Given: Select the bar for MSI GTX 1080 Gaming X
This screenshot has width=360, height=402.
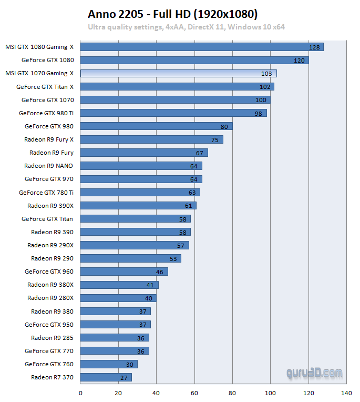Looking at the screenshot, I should click(202, 47).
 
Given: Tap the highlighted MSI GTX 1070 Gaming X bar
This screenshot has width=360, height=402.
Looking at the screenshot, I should click(178, 73).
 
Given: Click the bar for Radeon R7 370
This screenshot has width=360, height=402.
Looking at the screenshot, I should click(106, 377).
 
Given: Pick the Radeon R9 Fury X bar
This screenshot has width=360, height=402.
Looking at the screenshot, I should click(151, 139).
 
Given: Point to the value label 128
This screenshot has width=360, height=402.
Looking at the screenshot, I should click(315, 47).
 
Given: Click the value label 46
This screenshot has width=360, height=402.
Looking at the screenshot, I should click(160, 272).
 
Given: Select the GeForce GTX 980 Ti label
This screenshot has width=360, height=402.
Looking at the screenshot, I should click(46, 113).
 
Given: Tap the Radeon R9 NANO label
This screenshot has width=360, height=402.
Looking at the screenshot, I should click(49, 166).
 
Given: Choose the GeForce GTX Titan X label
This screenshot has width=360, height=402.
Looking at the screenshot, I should click(45, 86).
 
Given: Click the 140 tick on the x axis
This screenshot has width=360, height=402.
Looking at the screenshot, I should click(346, 393).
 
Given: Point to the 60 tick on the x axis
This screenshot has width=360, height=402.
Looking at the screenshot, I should click(194, 393).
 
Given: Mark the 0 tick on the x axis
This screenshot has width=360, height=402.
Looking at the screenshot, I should click(80, 393).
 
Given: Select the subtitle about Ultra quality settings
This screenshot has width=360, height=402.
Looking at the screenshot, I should click(186, 27).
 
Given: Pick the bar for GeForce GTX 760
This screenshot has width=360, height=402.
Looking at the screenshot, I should click(109, 364).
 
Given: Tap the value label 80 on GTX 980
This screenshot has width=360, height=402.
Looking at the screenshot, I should click(224, 126).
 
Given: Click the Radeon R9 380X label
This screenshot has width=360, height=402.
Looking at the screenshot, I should click(50, 285).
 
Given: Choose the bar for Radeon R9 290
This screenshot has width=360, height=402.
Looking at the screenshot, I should click(130, 258).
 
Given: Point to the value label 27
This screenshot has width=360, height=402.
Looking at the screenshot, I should click(124, 378).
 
